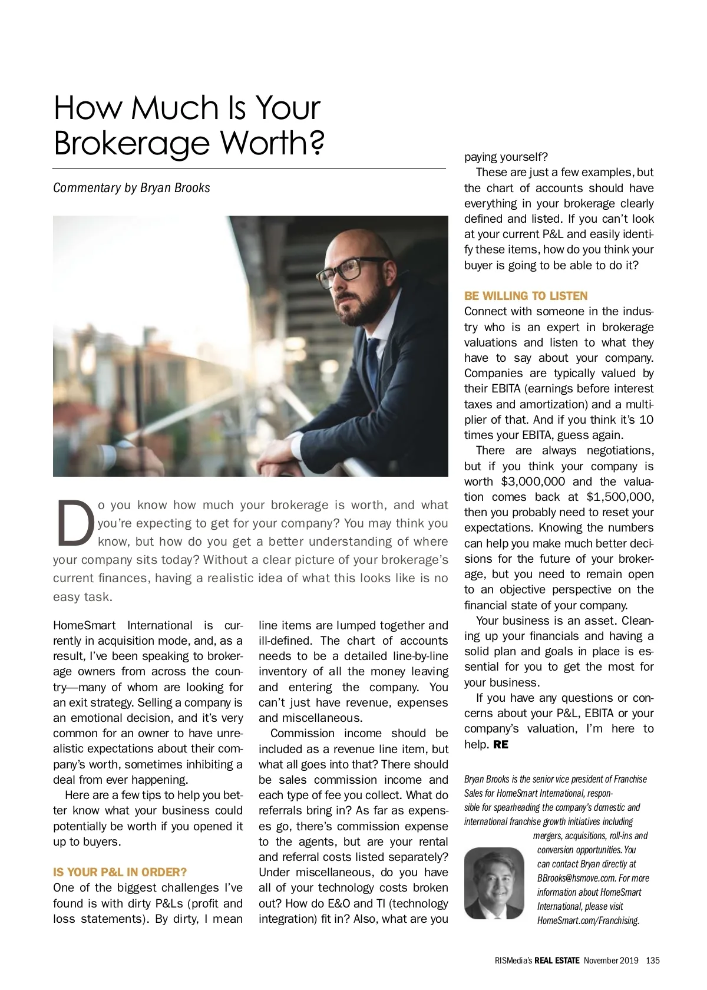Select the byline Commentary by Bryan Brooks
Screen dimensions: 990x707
point(131,188)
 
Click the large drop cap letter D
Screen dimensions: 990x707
point(75,523)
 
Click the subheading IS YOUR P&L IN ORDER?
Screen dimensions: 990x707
point(120,872)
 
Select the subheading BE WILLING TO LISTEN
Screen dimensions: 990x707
point(526,296)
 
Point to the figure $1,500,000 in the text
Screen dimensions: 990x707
point(620,497)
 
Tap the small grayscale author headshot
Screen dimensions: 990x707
point(494,883)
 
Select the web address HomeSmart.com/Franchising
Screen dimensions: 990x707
point(588,920)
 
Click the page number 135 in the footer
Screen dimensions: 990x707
point(652,961)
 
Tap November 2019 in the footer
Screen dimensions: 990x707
point(611,961)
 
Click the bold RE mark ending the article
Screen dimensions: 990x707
point(501,744)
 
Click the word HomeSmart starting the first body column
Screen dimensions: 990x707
point(84,625)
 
